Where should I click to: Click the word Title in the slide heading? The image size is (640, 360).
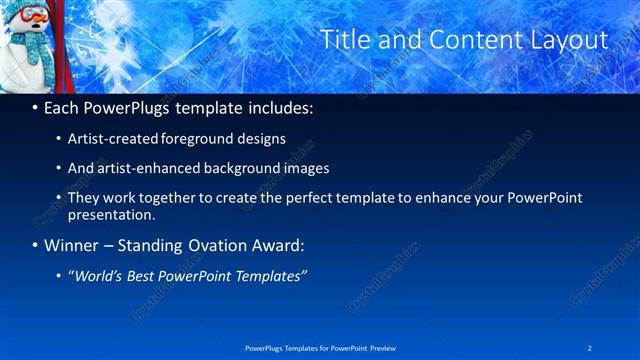343,40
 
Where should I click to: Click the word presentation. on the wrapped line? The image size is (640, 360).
112,214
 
